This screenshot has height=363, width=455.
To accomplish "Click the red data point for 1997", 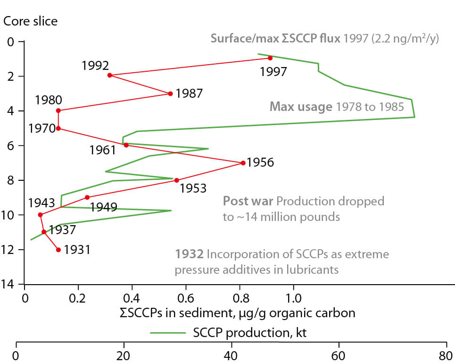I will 270,58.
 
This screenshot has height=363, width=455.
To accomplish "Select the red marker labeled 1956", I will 243,163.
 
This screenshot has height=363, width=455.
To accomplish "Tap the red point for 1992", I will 109,75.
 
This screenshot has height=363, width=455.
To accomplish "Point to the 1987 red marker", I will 170,93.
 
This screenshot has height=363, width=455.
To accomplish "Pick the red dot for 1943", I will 40,215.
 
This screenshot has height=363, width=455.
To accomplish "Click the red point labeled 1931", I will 58,250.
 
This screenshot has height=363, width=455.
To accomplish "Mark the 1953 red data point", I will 176,180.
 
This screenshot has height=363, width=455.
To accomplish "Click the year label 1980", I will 48,100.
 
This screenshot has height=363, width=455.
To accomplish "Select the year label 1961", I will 102,151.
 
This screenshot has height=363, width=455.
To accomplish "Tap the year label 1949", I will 103,206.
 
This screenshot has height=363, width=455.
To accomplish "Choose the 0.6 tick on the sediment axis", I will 186,299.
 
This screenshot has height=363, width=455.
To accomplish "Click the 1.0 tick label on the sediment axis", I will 294,299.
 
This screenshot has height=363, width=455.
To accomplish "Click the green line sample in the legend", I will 169,333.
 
